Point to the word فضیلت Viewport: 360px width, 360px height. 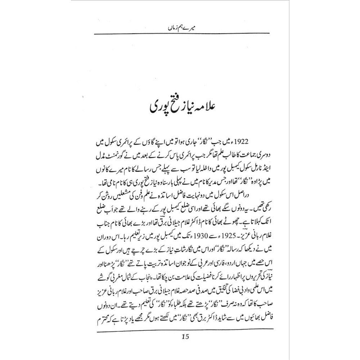tap(200, 270)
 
